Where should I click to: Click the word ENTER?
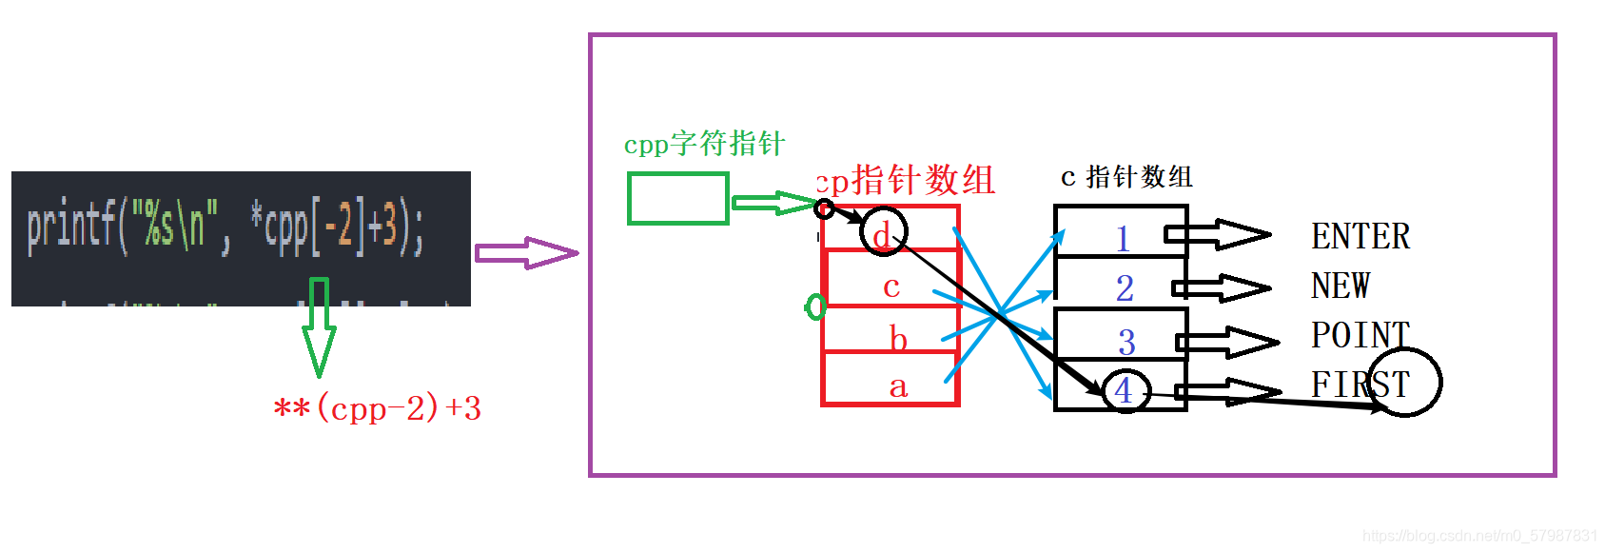coord(1360,236)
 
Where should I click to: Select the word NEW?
coord(1340,286)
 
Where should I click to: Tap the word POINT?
coord(1360,335)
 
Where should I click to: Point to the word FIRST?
coord(1360,385)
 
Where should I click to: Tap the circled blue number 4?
coord(1125,390)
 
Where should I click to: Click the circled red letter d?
coord(883,233)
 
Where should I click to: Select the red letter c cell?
coord(891,286)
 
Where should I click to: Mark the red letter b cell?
coord(898,338)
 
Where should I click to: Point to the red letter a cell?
coord(898,386)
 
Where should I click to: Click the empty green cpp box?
coord(677,199)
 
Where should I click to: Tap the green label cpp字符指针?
coord(704,144)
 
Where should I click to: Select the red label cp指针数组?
coord(906,180)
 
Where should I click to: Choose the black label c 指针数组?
coord(1126,177)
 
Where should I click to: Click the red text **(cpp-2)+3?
coord(378,408)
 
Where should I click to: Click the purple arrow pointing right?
coord(526,253)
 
